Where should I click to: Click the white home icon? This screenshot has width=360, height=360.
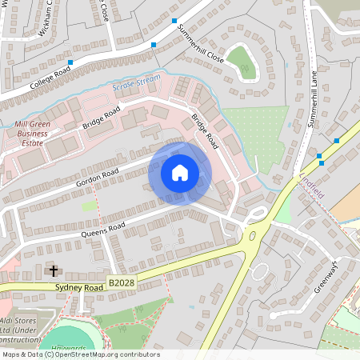[180, 173]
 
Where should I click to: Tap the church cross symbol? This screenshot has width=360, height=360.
[54, 271]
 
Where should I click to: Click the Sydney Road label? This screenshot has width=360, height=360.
[81, 286]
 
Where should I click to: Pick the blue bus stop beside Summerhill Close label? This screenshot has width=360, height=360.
[154, 45]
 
